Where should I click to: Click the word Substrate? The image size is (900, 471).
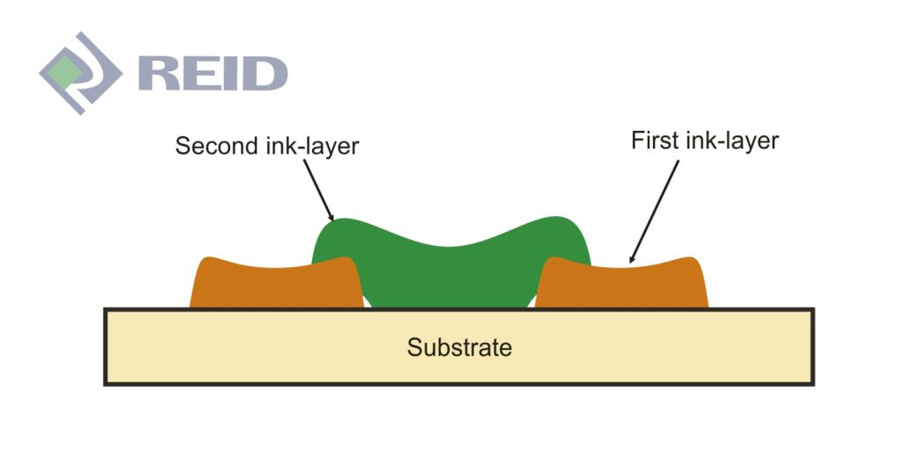tap(459, 347)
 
